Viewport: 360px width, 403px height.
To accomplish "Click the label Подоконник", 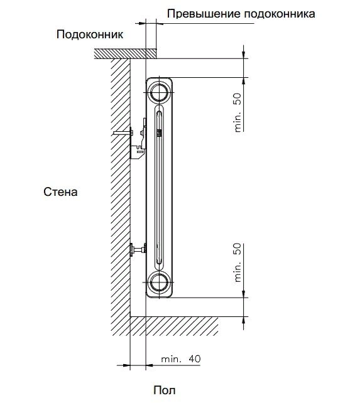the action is [x=90, y=35].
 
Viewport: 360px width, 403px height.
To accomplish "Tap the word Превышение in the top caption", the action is [x=204, y=14].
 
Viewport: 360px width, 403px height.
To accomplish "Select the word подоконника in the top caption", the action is [x=280, y=14].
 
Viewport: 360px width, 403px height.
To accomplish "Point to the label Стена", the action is [x=60, y=191].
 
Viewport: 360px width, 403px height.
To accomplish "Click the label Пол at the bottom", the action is [x=165, y=390].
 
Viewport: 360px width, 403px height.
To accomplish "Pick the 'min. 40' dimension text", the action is [x=181, y=359].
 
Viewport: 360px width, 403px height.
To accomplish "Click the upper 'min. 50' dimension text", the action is [x=237, y=112].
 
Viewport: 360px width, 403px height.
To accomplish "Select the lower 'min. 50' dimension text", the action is [x=237, y=262].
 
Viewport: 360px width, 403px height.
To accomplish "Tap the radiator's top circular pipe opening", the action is [x=160, y=92].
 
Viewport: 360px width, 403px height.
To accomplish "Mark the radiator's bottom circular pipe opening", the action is [x=160, y=282].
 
